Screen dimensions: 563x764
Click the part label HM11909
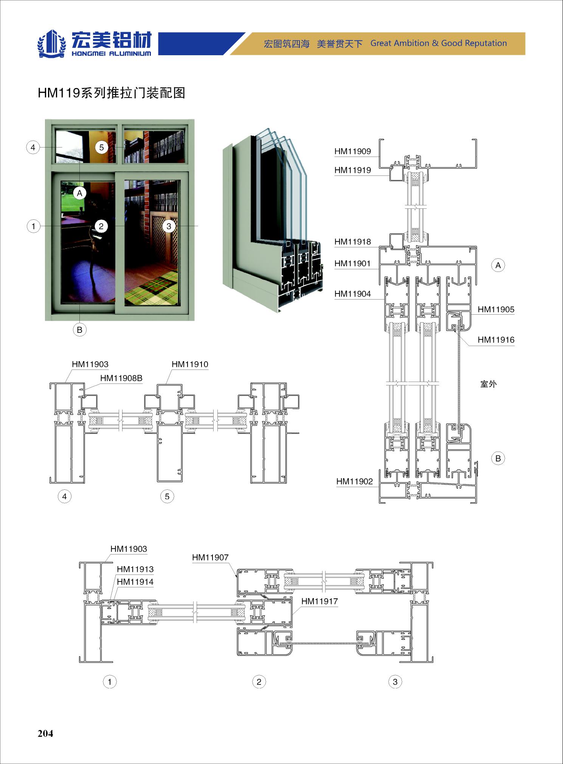pyautogui.click(x=352, y=152)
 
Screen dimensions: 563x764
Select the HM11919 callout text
pyautogui.click(x=352, y=170)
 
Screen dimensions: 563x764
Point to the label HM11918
pyautogui.click(x=352, y=242)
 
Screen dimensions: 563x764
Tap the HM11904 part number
pyautogui.click(x=352, y=294)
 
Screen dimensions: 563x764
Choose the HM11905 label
pyautogui.click(x=496, y=309)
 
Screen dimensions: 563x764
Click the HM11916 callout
pyautogui.click(x=496, y=340)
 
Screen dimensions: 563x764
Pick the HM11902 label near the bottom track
pyautogui.click(x=354, y=481)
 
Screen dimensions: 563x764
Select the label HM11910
pyautogui.click(x=190, y=364)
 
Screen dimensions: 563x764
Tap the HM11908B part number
pyautogui.click(x=121, y=378)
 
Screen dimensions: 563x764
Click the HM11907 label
pyautogui.click(x=210, y=557)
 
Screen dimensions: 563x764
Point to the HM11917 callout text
pyautogui.click(x=319, y=601)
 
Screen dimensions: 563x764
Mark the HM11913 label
pyautogui.click(x=135, y=569)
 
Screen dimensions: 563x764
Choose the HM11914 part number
pyautogui.click(x=135, y=582)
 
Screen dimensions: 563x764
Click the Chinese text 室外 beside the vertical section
pyautogui.click(x=488, y=384)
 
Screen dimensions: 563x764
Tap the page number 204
pyautogui.click(x=45, y=733)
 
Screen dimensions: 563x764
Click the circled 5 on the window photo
pyautogui.click(x=101, y=147)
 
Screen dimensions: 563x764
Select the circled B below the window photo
pyautogui.click(x=79, y=330)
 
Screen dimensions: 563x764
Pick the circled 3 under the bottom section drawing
pyautogui.click(x=395, y=682)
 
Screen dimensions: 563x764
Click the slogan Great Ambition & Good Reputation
pyautogui.click(x=439, y=43)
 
